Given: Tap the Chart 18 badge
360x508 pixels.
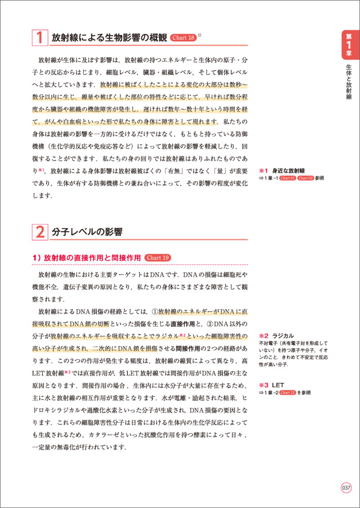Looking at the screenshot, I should [183, 38].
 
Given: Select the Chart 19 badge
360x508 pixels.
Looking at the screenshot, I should [158, 258].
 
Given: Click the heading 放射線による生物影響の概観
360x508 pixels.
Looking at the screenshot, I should [109, 38].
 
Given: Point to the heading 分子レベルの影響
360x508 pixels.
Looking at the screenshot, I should [87, 232].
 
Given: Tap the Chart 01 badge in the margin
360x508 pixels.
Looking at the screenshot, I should [287, 179].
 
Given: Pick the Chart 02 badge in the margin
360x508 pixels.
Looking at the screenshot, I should [305, 179].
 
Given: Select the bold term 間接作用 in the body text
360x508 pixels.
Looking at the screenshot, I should [189, 349].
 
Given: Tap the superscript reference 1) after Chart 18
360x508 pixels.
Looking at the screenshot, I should [200, 35].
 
